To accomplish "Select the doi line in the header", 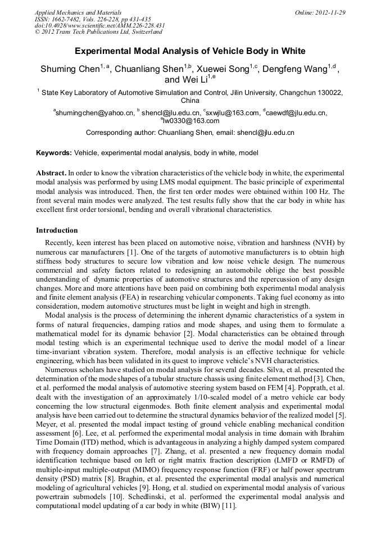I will pyautogui.click(x=100, y=26).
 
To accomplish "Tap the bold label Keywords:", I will pyautogui.click(x=54, y=153).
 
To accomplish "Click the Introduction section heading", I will pyautogui.click(x=57, y=230).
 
